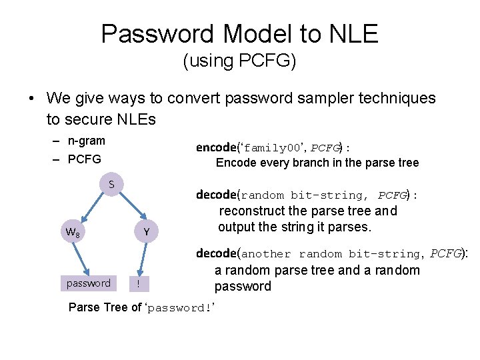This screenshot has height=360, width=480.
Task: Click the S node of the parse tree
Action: [111, 183]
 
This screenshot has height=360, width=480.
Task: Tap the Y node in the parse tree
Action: [146, 232]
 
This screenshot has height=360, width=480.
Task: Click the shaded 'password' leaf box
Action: [89, 283]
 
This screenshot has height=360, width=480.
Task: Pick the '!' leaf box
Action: [137, 283]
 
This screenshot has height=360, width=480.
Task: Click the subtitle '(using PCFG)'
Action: [239, 61]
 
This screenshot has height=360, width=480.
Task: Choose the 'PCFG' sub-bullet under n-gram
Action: [85, 159]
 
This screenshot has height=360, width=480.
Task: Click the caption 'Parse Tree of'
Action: [105, 307]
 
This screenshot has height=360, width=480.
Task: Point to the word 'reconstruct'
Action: [253, 211]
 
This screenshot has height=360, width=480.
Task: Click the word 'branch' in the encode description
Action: [319, 163]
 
